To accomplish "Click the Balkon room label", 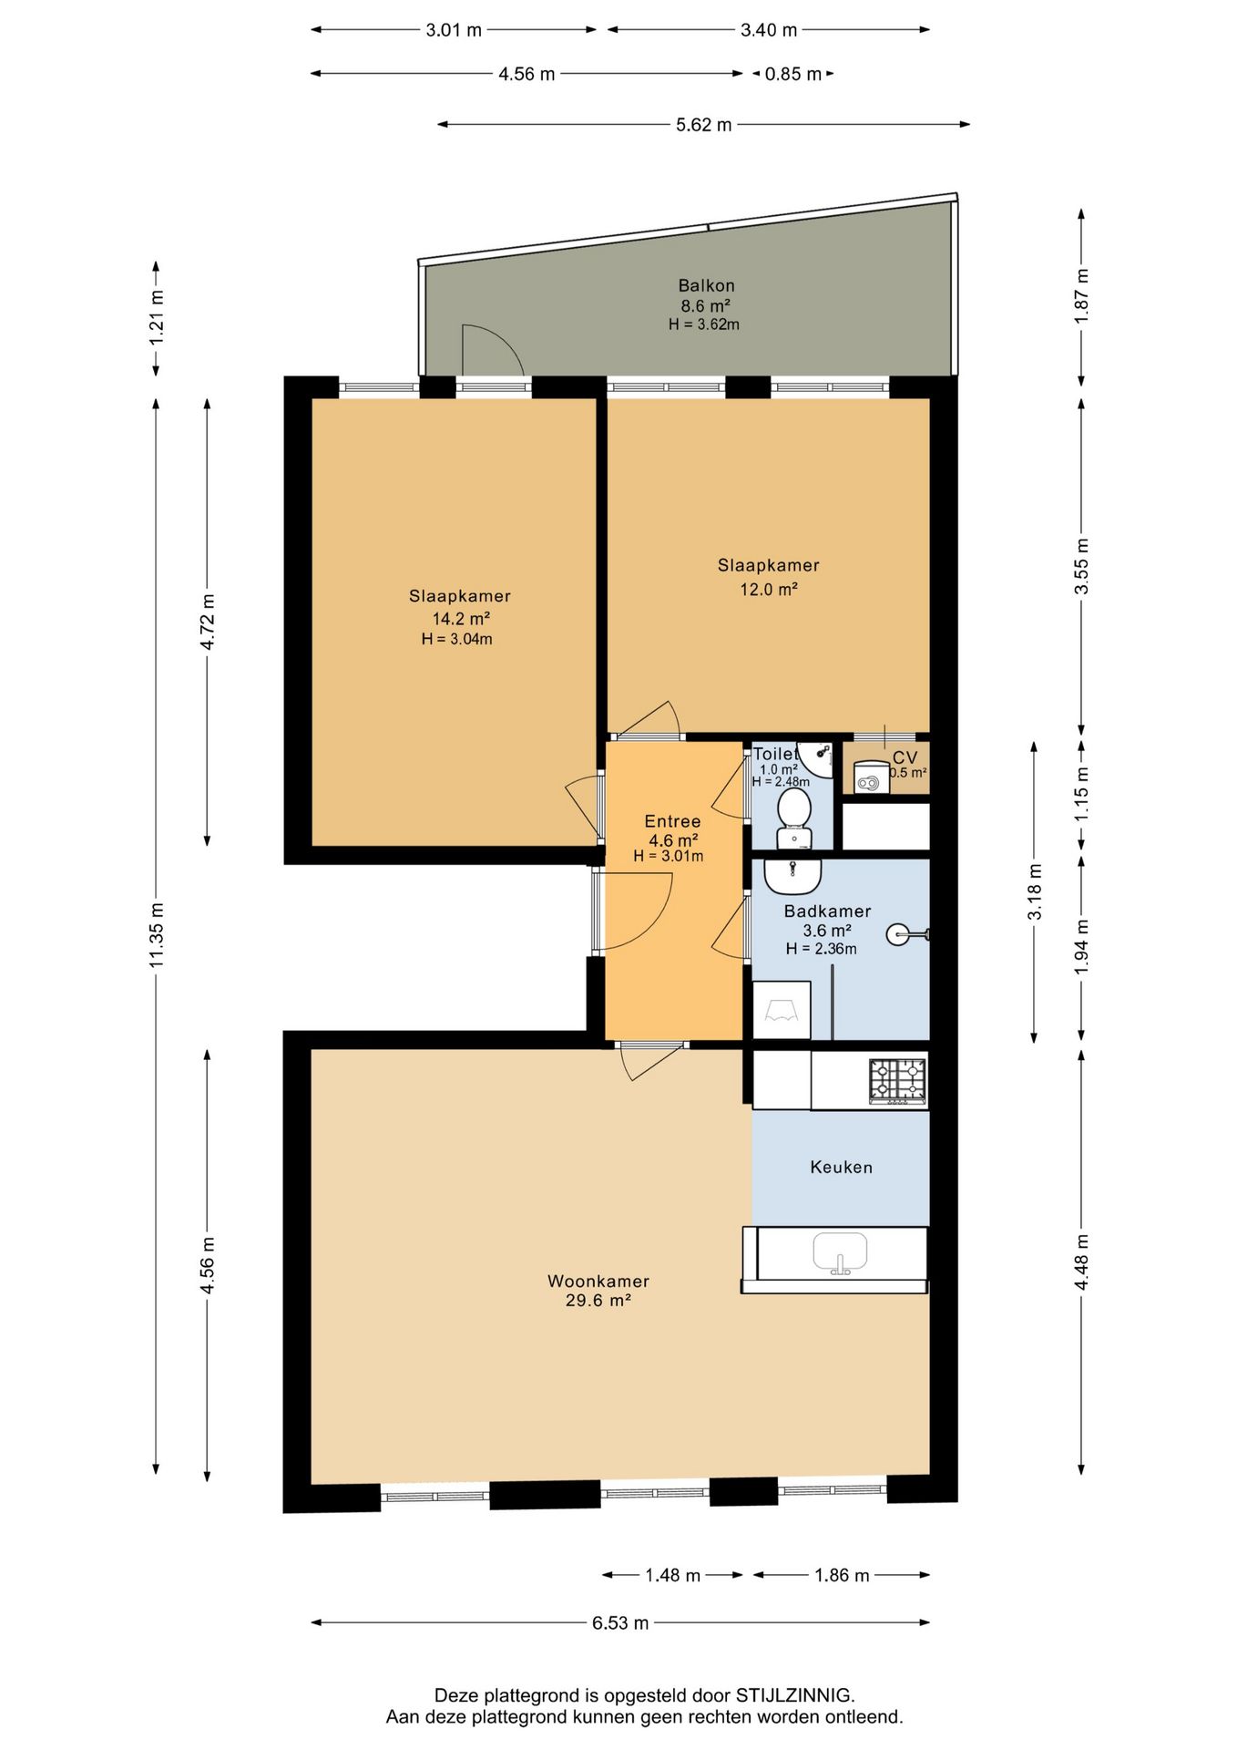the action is point(706,285).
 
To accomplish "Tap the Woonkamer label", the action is point(598,1281).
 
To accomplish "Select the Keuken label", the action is point(842,1167).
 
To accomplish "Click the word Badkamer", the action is point(827,911).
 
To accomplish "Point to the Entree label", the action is point(672,821).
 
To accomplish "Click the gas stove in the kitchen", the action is point(897,1081).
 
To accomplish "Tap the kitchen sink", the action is point(840,1253).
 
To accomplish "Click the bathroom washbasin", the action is point(792,877).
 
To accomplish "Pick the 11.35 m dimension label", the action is point(157,935).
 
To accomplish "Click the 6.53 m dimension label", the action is point(620,1622).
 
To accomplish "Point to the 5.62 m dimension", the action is point(703,124).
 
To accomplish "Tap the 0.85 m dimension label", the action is point(793,74).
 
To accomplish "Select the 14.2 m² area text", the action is point(461,619).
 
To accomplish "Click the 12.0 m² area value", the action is point(769,590).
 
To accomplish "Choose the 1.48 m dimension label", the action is point(672,1575).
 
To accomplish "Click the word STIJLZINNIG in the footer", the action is point(795,1695).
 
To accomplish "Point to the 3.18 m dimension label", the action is point(1035,891).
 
